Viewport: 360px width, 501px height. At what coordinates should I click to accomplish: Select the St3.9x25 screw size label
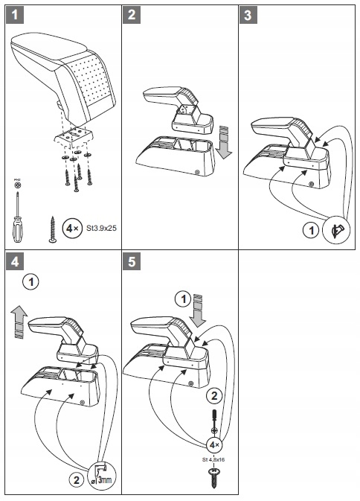click(x=101, y=228)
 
